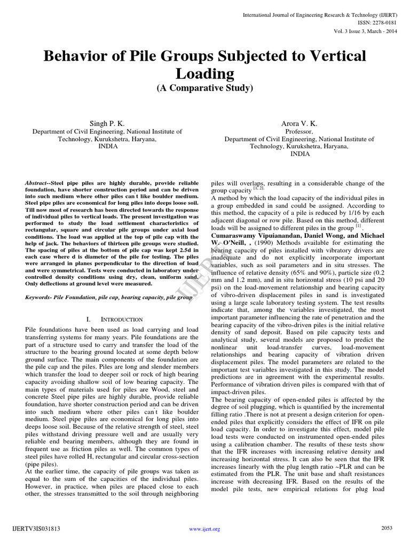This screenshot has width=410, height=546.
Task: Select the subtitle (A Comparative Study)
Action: [205, 88]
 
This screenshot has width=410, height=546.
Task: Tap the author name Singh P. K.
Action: [108, 123]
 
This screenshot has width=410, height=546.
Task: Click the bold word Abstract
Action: [37, 183]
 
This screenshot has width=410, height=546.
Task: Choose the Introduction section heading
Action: [113, 319]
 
